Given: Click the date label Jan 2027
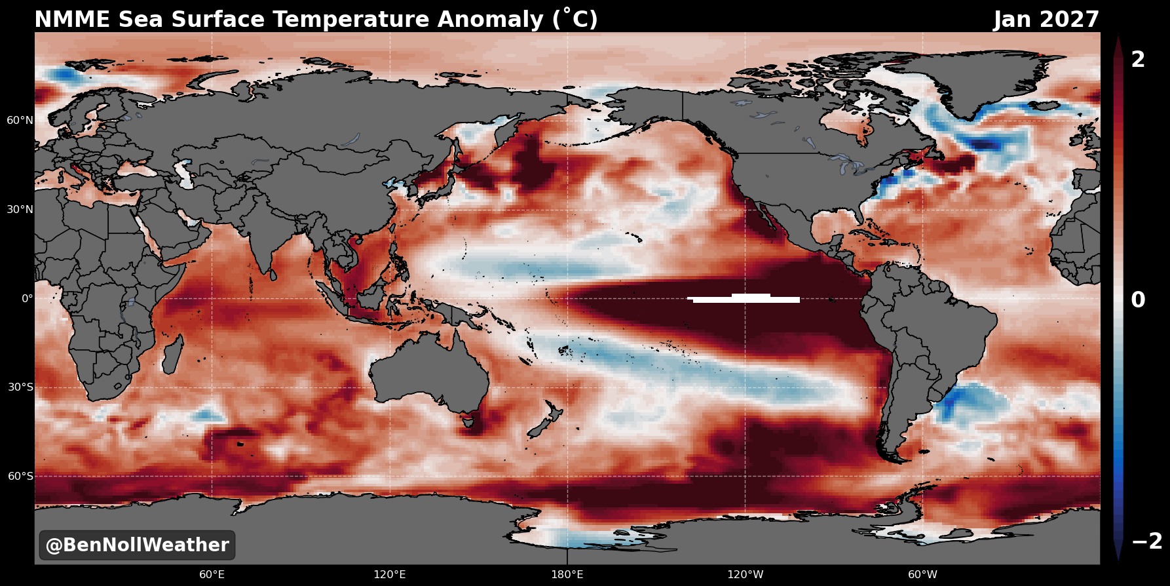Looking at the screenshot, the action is (1046, 20).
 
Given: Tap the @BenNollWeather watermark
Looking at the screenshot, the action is (137, 545).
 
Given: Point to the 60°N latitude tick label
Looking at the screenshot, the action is (20, 120).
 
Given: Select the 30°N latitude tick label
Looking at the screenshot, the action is (20, 209).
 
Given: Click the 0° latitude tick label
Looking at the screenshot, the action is (28, 298).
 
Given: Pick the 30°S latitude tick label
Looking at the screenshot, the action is (20, 387).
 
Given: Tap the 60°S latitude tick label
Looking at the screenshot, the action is (20, 476).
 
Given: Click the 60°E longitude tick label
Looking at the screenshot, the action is (212, 575).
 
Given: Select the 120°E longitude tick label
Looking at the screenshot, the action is (390, 575).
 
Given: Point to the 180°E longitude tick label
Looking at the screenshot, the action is (567, 575).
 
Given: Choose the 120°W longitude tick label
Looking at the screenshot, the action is (745, 575).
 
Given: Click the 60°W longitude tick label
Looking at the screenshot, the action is (922, 575).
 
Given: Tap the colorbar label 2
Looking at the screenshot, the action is (1139, 60).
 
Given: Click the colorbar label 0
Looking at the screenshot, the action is (1139, 300).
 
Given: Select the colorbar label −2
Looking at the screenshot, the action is (1147, 541).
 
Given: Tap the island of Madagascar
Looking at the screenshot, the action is (173, 353).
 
